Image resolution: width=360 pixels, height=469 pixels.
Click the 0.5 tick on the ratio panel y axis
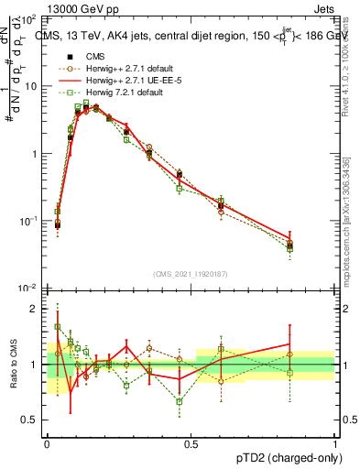(33, 420)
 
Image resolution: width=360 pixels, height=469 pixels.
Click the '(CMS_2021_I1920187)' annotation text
(191, 273)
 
